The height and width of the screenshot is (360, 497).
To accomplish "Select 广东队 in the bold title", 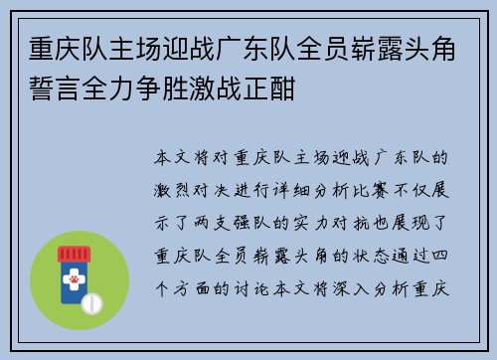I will (x=249, y=49).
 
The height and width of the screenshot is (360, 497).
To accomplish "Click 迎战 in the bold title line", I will (x=181, y=49).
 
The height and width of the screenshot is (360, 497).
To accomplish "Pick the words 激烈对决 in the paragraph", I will (x=193, y=186).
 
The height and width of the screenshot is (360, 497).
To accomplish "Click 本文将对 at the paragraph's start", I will (x=193, y=156).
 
